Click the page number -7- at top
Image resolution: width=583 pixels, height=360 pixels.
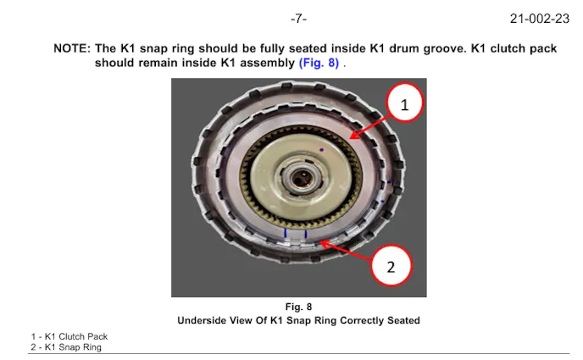coord(297,17)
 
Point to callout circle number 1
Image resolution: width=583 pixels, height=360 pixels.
coord(404,105)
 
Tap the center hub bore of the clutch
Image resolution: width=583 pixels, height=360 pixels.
coord(302,180)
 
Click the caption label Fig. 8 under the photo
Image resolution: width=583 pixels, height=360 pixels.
coord(298,307)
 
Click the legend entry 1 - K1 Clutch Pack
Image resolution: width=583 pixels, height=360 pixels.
coord(69,336)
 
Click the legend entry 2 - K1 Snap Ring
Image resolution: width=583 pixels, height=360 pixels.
coord(66,346)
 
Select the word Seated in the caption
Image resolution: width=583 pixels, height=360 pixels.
coord(401,320)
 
